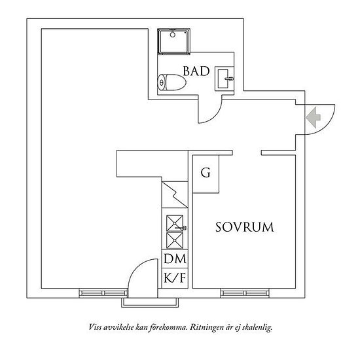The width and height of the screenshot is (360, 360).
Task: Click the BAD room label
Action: pyautogui.click(x=196, y=71)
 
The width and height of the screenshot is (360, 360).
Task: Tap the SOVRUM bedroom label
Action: pyautogui.click(x=245, y=227)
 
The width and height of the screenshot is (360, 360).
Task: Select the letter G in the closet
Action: pyautogui.click(x=206, y=173)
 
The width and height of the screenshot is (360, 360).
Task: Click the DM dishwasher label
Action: pyautogui.click(x=175, y=259)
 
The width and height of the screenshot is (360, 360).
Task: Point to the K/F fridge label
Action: pyautogui.click(x=175, y=278)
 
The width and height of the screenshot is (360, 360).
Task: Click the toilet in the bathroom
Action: pyautogui.click(x=171, y=82)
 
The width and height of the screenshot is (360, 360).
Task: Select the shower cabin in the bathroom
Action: pyautogui.click(x=174, y=41)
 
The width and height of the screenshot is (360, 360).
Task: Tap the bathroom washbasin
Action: pyautogui.click(x=225, y=79)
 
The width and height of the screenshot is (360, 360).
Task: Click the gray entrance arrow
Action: pyautogui.click(x=313, y=117)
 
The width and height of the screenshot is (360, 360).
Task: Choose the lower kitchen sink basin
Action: pyautogui.click(x=175, y=240)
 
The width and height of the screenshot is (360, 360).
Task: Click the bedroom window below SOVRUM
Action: pyautogui.click(x=245, y=293)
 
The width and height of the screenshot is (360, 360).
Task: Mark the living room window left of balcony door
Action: pyautogui.click(x=103, y=293)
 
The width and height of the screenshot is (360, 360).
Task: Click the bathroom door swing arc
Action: pyautogui.click(x=216, y=115)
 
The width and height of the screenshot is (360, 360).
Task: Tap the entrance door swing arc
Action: pyautogui.click(x=327, y=126)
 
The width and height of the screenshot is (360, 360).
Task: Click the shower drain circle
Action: pyautogui.click(x=172, y=35)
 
